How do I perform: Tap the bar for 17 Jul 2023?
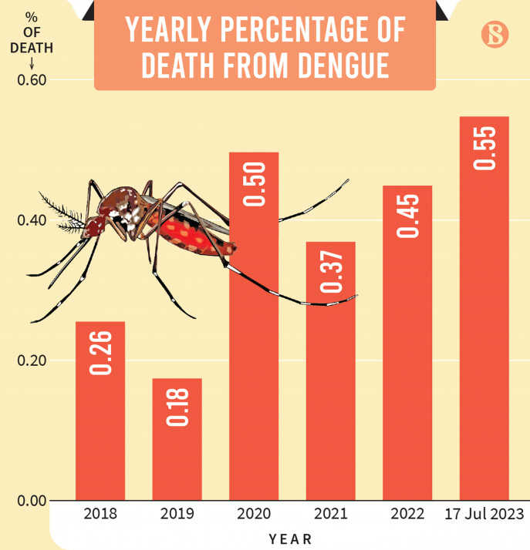[484, 308]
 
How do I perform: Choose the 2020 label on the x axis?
[254, 513]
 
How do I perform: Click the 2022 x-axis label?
[407, 513]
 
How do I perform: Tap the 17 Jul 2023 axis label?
[484, 513]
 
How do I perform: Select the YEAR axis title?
[290, 537]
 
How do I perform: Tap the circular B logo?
[493, 35]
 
